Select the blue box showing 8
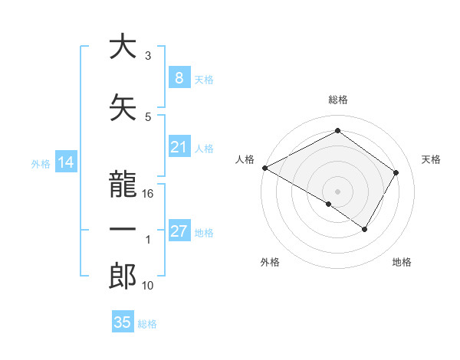click(179, 77)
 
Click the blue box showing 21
click(179, 147)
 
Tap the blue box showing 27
click(179, 231)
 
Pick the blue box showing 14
click(65, 162)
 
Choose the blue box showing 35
click(123, 322)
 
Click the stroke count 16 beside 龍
click(148, 195)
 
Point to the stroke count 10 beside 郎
click(148, 286)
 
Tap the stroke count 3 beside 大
click(148, 57)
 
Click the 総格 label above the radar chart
click(337, 100)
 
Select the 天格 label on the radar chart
click(432, 159)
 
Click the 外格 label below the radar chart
click(270, 262)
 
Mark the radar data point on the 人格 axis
click(264, 167)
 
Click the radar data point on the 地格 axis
click(365, 229)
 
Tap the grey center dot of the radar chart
click(337, 191)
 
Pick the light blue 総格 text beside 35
click(147, 323)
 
